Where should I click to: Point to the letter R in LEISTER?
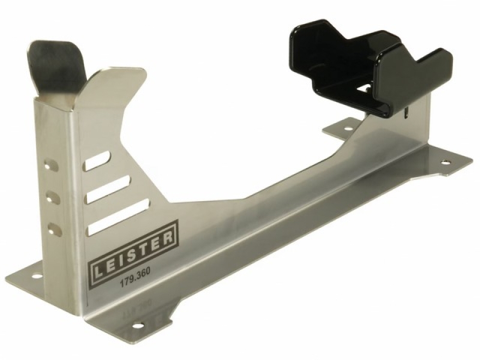[168, 238]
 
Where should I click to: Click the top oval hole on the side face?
[52, 164]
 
